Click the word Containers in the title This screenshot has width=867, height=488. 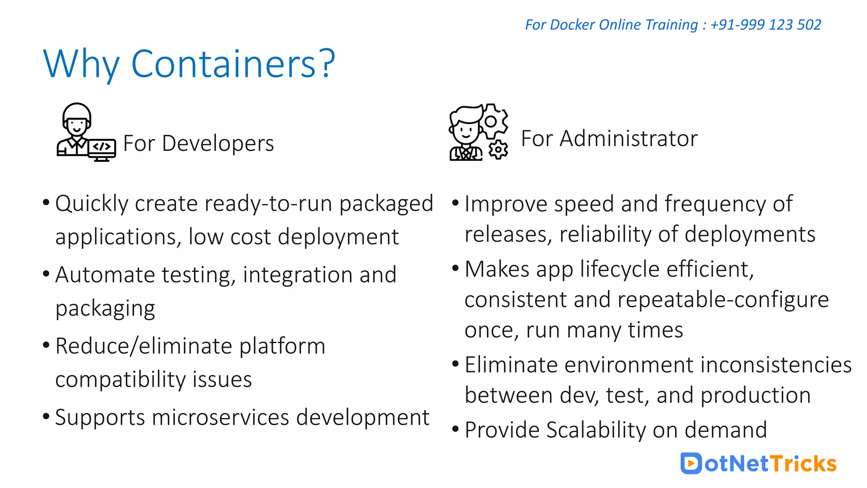click(x=224, y=64)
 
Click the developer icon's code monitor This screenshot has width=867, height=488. click(x=102, y=148)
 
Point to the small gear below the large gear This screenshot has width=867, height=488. click(x=498, y=150)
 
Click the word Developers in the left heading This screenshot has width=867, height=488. click(x=218, y=143)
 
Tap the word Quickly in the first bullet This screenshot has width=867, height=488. click(x=91, y=204)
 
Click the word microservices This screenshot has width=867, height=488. click(x=221, y=418)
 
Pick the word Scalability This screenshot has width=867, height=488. click(x=596, y=430)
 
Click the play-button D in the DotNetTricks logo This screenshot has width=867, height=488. click(x=691, y=463)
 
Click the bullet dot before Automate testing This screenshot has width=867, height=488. click(x=46, y=274)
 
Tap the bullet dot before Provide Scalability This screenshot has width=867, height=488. click(x=456, y=429)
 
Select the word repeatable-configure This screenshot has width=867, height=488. click(x=723, y=300)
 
